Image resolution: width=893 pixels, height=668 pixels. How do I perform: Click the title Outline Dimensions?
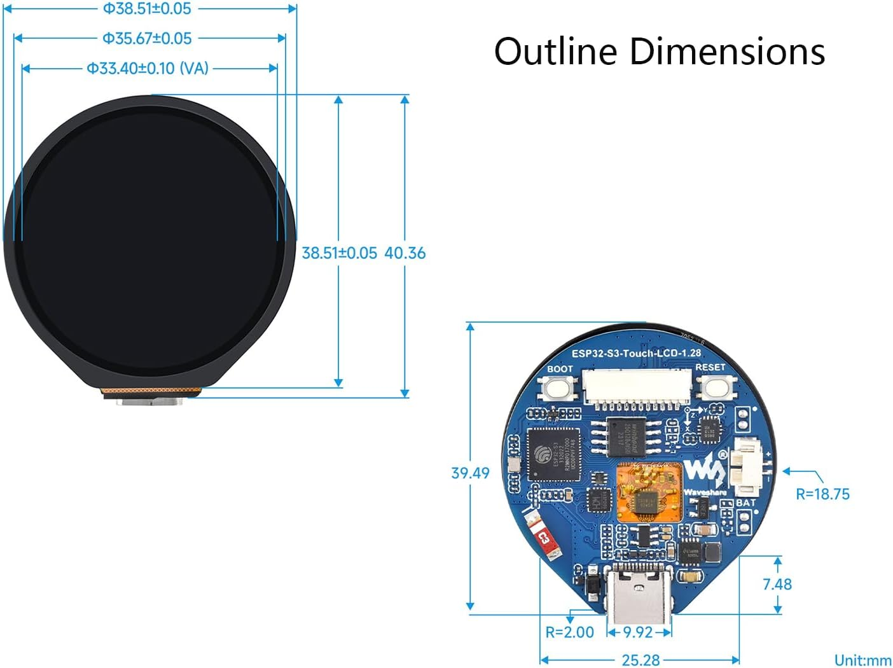(659, 52)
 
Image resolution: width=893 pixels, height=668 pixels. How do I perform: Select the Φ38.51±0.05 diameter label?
(147, 9)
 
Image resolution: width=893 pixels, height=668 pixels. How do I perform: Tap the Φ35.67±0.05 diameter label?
(147, 38)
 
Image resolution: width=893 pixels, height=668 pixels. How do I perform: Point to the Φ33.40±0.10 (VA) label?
(148, 68)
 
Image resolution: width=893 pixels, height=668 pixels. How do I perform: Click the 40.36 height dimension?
(405, 253)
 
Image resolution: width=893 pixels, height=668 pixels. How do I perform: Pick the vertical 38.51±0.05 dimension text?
(339, 253)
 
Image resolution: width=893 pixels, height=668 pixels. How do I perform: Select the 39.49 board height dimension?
(470, 473)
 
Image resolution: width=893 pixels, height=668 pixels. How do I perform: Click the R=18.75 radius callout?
(822, 494)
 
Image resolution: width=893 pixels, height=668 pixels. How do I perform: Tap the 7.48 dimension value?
(777, 584)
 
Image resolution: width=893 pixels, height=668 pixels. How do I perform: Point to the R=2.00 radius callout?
(569, 632)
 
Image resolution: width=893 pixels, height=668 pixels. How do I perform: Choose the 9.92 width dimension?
(637, 632)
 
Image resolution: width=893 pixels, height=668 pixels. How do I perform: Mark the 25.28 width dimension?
(640, 660)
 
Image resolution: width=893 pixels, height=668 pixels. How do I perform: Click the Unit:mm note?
(862, 660)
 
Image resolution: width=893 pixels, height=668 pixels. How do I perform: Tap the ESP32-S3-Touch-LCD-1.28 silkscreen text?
(635, 353)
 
